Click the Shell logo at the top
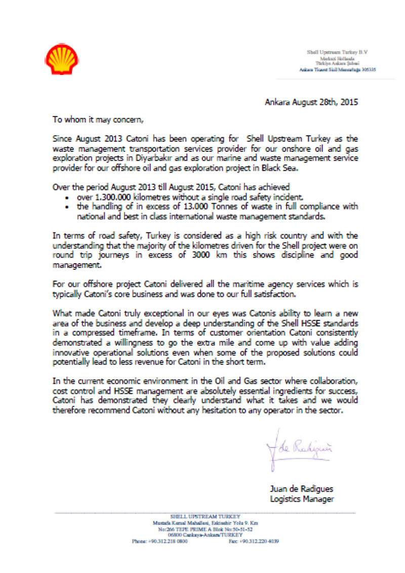point(62,59)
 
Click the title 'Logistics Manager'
point(302,500)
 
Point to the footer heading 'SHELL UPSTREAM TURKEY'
point(205,516)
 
